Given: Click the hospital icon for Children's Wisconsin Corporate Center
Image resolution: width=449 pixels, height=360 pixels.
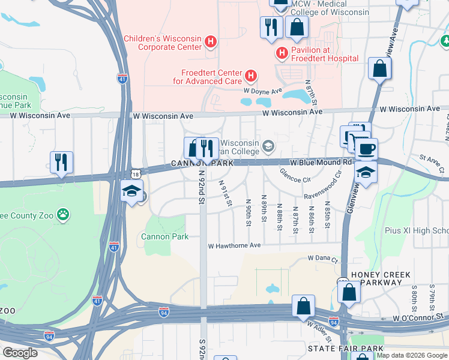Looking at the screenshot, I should click(x=210, y=41).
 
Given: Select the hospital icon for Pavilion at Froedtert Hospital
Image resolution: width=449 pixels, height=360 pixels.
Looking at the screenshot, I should click(x=282, y=54).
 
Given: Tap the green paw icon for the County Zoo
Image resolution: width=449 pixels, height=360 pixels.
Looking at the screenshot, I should click(x=62, y=214).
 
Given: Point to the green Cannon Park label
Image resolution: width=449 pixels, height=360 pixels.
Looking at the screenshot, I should click(x=160, y=236).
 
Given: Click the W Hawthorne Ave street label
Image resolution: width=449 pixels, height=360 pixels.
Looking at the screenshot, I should click(x=234, y=245).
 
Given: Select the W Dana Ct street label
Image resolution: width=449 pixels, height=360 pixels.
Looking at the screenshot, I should click(x=323, y=258).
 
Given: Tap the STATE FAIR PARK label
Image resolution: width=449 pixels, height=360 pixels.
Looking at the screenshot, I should click(x=345, y=349).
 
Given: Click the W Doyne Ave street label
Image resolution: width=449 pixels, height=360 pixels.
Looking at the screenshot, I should click(x=262, y=91).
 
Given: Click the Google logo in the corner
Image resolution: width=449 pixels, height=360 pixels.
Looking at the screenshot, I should click(x=20, y=353).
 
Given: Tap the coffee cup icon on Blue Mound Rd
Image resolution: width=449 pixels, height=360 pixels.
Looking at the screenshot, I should click(x=366, y=149).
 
